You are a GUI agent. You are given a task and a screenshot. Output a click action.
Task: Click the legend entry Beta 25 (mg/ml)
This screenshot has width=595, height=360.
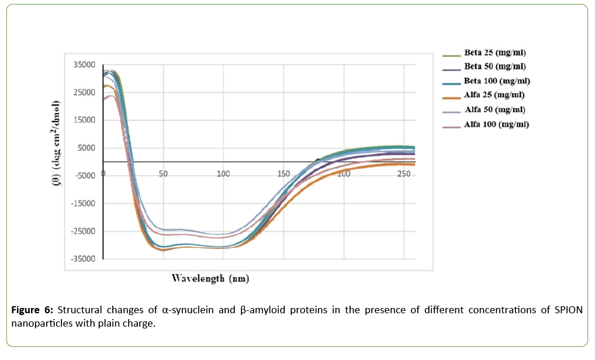click(494, 53)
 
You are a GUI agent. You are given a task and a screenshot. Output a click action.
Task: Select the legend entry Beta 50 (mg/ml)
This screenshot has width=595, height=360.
click(494, 66)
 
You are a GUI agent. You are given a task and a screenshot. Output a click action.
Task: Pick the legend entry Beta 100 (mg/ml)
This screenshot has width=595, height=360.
click(497, 80)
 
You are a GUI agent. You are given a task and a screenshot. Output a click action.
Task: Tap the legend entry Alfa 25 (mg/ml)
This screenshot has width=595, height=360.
click(494, 95)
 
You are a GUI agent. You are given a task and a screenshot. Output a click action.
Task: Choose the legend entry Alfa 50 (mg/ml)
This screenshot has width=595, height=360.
click(494, 109)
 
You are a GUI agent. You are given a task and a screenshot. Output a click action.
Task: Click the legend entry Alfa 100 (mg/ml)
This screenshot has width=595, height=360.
click(497, 124)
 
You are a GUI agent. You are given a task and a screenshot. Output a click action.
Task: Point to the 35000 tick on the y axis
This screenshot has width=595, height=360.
click(83, 65)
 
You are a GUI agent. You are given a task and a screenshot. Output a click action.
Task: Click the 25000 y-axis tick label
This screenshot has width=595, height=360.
click(83, 92)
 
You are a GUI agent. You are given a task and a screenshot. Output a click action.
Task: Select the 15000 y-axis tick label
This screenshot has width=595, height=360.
click(83, 120)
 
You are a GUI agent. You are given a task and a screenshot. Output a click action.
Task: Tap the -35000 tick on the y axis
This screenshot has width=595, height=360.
click(81, 259)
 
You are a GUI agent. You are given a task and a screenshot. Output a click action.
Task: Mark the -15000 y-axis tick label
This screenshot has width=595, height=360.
click(81, 204)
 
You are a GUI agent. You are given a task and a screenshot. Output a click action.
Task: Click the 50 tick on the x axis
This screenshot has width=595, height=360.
click(164, 175)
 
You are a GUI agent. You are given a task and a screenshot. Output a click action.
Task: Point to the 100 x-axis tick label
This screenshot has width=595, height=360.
click(223, 175)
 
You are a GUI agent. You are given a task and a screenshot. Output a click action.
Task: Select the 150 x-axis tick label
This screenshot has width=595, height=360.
click(283, 175)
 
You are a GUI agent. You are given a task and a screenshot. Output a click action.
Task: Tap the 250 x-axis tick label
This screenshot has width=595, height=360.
click(403, 175)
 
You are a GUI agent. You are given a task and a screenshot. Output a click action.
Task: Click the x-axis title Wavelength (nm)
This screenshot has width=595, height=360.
click(210, 278)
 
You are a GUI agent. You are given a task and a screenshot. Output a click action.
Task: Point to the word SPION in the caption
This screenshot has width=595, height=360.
click(568, 310)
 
